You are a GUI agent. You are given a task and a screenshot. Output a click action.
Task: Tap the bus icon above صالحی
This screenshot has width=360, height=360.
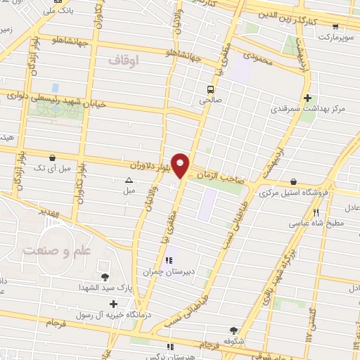pyautogui.click(x=210, y=89)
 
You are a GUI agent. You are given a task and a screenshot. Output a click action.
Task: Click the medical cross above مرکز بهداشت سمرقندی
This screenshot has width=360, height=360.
pyautogui.click(x=307, y=97)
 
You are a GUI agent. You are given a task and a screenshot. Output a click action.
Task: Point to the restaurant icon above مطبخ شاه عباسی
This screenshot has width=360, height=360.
pyautogui.click(x=316, y=212)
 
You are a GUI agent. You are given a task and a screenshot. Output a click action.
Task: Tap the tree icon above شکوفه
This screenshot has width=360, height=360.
pyautogui.click(x=233, y=328)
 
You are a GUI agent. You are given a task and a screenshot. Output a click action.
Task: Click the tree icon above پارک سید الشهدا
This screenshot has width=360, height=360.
pyautogui.click(x=105, y=276)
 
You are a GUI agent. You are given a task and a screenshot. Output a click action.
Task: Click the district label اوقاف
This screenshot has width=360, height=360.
pyautogui.click(x=125, y=62)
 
